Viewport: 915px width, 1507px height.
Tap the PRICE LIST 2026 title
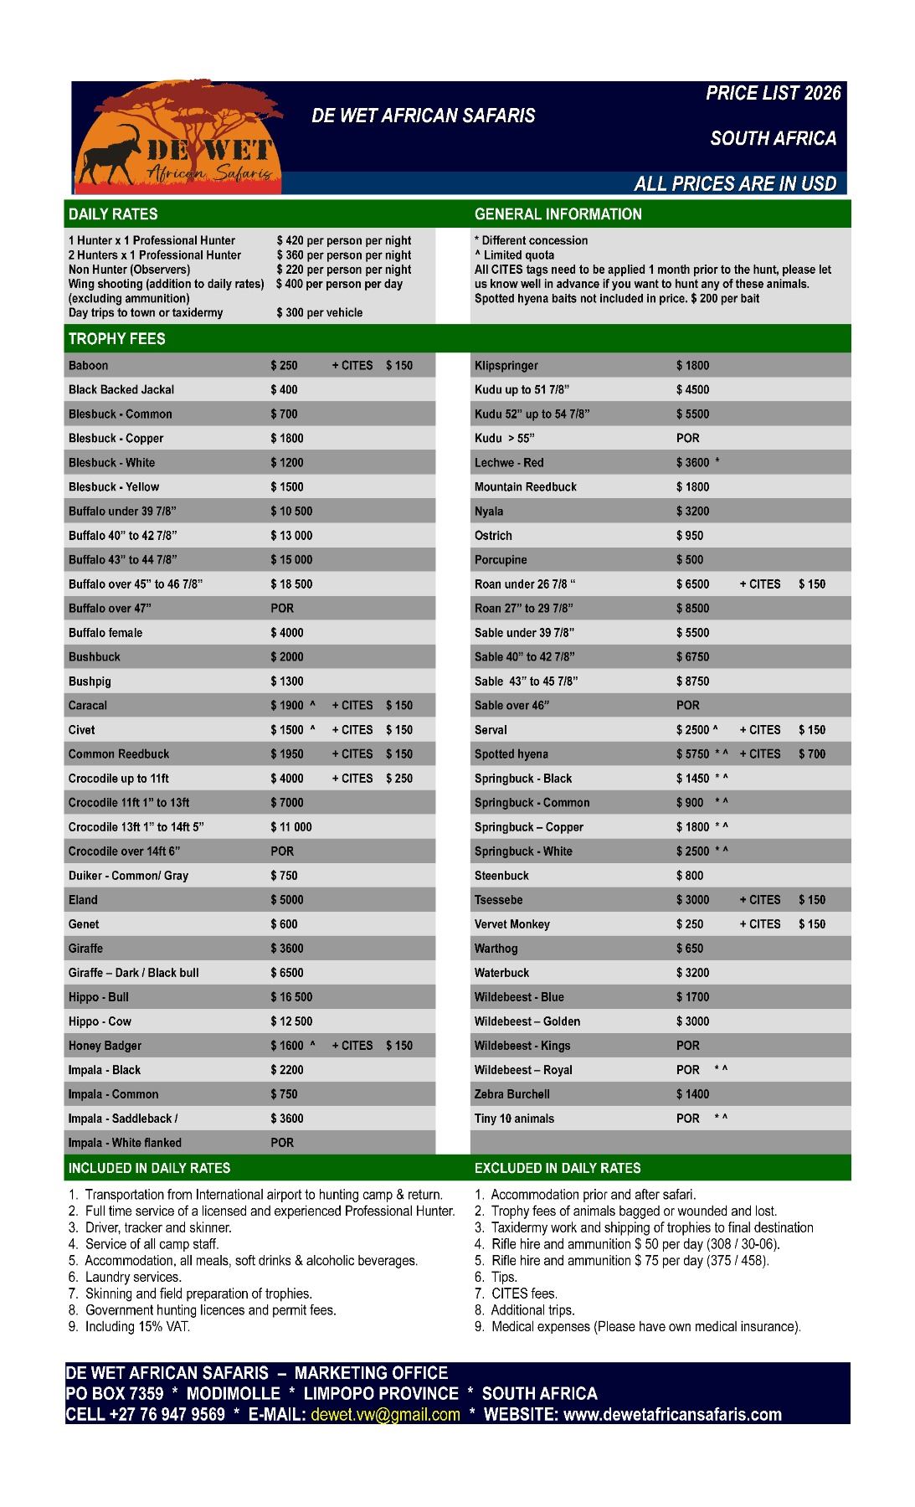(x=773, y=93)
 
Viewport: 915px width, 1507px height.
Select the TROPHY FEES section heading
(x=117, y=339)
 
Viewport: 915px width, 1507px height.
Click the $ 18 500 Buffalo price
(x=291, y=584)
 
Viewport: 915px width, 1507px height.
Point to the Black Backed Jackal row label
(x=121, y=390)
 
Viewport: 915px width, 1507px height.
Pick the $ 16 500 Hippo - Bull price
(x=291, y=997)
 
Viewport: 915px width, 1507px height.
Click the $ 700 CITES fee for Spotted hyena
(x=811, y=754)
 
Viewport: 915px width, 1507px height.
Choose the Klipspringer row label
(x=506, y=366)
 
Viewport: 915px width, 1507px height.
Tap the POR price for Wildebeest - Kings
(x=687, y=1046)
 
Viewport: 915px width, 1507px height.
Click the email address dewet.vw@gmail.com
(x=385, y=1414)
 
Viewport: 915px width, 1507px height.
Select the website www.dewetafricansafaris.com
(x=672, y=1414)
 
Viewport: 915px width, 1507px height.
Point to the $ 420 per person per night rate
(x=343, y=241)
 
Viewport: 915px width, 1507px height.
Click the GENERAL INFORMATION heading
(x=558, y=214)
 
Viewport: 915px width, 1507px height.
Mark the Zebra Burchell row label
(x=511, y=1094)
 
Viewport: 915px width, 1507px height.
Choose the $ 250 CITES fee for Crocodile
(x=399, y=779)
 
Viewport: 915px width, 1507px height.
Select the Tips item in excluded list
(x=504, y=1277)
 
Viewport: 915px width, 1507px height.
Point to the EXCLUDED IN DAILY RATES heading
(x=557, y=1168)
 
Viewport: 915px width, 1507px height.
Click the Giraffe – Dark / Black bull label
(x=133, y=973)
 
